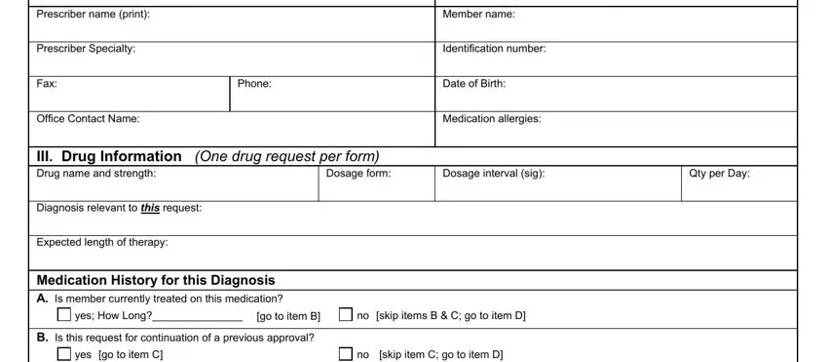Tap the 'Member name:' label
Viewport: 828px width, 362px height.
[x=478, y=15]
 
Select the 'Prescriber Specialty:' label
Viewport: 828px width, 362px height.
[x=86, y=49]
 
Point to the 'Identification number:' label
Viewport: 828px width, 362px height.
[x=494, y=49]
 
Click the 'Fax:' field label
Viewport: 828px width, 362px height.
[x=46, y=84]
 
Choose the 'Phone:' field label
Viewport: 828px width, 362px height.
[x=254, y=84]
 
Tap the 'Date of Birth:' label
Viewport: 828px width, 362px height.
[x=474, y=84]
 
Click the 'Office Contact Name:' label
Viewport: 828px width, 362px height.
[x=87, y=119]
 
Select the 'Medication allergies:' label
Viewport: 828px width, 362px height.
[x=493, y=119]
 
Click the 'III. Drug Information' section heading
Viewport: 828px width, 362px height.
[x=109, y=156]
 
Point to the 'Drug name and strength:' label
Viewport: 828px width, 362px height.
[x=94, y=174]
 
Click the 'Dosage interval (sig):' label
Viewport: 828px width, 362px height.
[x=494, y=174]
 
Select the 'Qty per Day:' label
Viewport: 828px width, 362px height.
[x=719, y=174]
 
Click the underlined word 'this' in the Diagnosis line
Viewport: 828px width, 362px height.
[x=150, y=208]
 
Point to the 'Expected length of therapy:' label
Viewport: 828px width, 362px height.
[x=102, y=242]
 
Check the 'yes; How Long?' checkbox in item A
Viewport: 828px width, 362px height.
[x=64, y=315]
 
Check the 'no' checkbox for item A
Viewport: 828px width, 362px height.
[x=347, y=315]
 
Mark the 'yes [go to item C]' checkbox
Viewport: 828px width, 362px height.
[x=64, y=354]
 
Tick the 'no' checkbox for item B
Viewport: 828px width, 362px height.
[x=347, y=354]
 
